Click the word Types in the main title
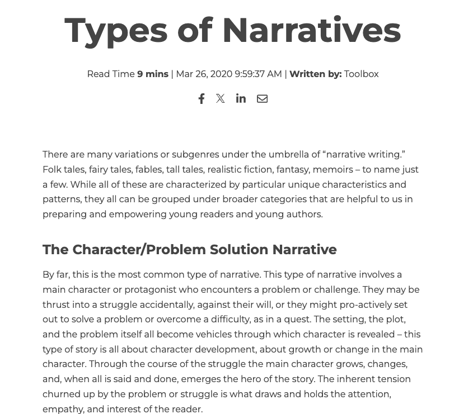pos(116,31)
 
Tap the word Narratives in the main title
pos(311,30)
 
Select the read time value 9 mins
pos(153,74)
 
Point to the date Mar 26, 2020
pos(204,74)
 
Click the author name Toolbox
pos(361,74)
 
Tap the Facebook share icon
pos(202,99)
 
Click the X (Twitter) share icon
pos(221,99)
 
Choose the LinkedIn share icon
pos(241,98)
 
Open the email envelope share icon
pos(262,99)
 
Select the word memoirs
pos(332,170)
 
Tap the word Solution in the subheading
pos(239,250)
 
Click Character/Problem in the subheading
pos(139,250)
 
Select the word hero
pos(256,379)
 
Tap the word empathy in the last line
pos(62,410)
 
